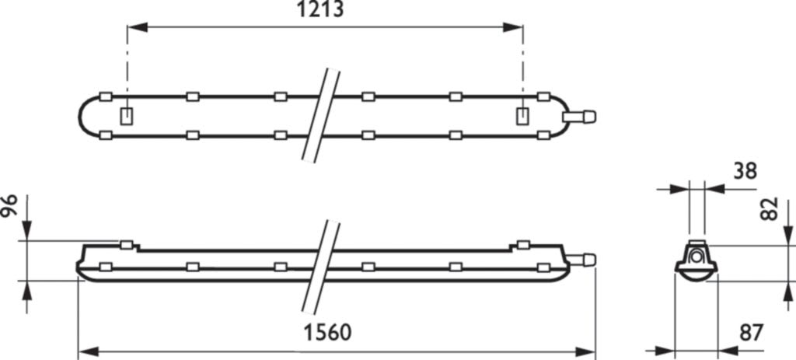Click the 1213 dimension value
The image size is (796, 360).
(319, 9)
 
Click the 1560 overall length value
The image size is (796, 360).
(327, 333)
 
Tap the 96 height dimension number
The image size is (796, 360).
(9, 205)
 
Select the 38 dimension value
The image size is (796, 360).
(745, 172)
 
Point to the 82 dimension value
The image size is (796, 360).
(770, 208)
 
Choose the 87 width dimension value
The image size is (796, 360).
(752, 333)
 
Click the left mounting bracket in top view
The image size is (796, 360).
(127, 117)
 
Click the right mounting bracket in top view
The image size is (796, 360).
(522, 117)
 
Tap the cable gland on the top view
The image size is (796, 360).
(579, 117)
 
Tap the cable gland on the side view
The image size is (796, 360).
(580, 260)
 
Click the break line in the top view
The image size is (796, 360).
(321, 116)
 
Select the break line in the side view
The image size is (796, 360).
(321, 267)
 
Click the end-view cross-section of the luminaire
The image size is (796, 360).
(696, 260)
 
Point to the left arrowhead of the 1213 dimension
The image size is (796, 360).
(137, 27)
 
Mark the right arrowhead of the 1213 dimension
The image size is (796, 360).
(513, 27)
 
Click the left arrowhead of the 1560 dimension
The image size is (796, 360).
(89, 351)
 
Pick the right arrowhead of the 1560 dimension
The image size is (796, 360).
(585, 351)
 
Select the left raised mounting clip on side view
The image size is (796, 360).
(127, 245)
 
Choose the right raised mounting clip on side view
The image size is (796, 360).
(523, 245)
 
